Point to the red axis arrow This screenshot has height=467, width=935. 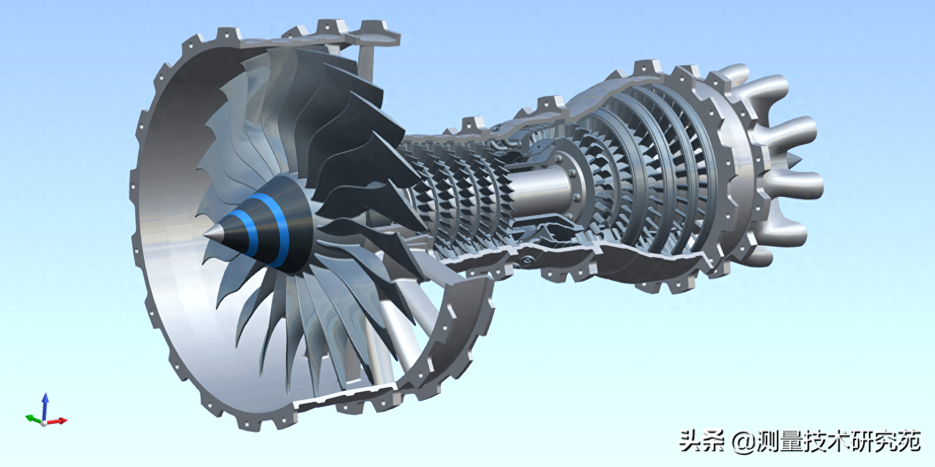tap(57, 420)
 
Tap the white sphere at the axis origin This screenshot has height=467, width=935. tap(44, 423)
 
